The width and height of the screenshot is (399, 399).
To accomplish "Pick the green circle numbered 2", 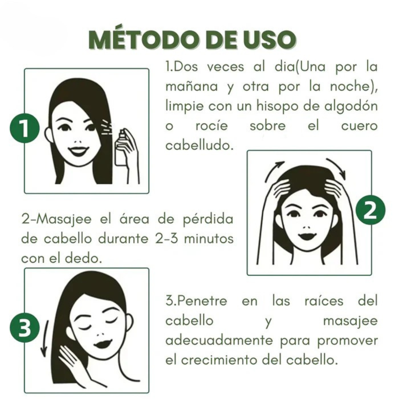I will pyautogui.click(x=370, y=210).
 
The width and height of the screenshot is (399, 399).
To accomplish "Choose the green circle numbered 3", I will pyautogui.click(x=25, y=329).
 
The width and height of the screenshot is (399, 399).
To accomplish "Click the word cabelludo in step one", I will pyautogui.click(x=199, y=145).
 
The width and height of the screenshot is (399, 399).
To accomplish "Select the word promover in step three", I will pyautogui.click(x=348, y=340).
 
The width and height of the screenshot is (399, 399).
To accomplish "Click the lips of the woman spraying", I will pyautogui.click(x=78, y=151).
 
